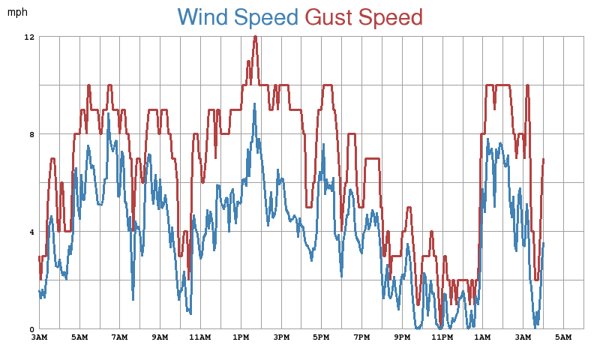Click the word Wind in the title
203,16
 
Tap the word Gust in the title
330,16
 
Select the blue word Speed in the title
266,16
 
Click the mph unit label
17,12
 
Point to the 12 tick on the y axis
29,37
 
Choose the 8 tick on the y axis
31,134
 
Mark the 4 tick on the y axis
31,232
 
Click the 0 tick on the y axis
31,329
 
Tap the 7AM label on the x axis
119,338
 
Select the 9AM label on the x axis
160,338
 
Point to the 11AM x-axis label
200,338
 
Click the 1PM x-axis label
241,338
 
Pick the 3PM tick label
281,338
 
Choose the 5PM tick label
321,338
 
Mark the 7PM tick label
361,338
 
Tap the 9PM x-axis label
402,338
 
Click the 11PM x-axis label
442,338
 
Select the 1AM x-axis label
483,338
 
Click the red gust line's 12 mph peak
255,37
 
